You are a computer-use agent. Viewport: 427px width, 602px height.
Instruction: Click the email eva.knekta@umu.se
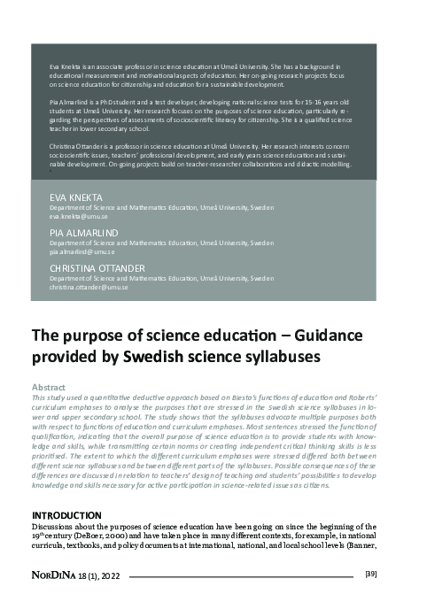(x=77, y=217)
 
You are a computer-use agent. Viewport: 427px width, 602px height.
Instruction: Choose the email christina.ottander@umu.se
(x=89, y=287)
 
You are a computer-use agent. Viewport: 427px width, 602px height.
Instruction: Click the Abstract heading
(x=49, y=388)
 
